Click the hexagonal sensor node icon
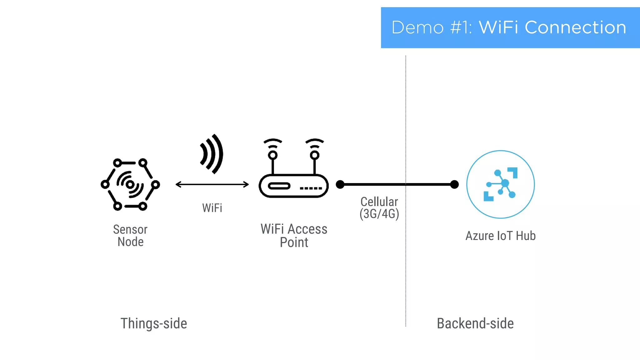pos(130,184)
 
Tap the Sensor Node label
pos(130,236)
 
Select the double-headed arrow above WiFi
pos(212,184)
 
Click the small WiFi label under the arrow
pos(212,208)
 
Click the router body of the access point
pos(293,186)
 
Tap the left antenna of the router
pos(273,156)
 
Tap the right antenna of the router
pos(315,156)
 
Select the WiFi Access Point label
pos(294,236)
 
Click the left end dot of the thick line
pos(340,184)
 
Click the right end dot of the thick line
pos(454,184)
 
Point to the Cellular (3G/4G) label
pos(379,208)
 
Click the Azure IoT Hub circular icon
pos(500,184)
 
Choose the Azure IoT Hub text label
pos(500,236)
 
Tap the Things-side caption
pos(154,323)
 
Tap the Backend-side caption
pos(475,323)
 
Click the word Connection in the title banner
pos(575,27)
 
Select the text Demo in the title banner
pos(417,27)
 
